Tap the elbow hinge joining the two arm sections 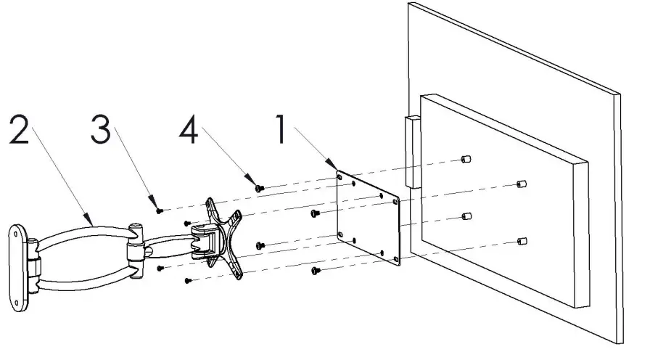[134, 251]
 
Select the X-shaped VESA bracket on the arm [221, 237]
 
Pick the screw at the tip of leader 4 [259, 188]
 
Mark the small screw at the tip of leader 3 [159, 210]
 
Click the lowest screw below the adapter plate [316, 271]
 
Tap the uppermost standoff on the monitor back [466, 158]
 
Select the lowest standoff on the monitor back [522, 240]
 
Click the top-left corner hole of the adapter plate [340, 174]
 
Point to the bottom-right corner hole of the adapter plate [395, 259]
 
